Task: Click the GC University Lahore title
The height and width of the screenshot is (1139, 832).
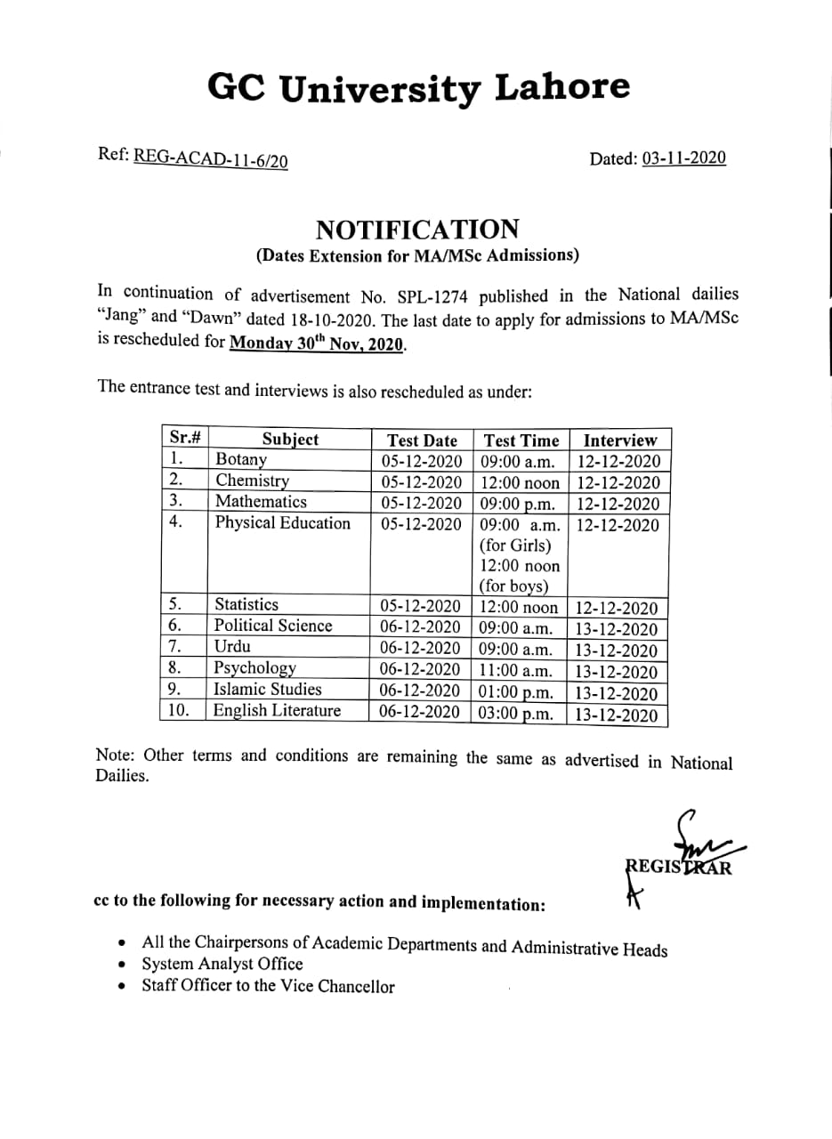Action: point(418,88)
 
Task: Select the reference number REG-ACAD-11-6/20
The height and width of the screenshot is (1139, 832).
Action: point(210,158)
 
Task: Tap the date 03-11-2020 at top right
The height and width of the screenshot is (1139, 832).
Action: point(683,158)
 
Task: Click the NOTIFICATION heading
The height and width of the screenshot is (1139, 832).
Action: point(417,230)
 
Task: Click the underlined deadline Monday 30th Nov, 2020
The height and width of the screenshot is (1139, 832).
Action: point(318,343)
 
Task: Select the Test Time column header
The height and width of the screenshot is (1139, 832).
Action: point(521,440)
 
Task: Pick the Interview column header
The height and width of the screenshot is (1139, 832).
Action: point(619,440)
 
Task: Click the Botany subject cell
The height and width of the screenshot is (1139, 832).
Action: point(241,460)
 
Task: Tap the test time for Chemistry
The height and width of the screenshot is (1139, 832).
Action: point(520,483)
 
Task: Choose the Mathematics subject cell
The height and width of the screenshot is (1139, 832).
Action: point(261,502)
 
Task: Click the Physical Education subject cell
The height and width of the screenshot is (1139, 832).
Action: point(283,523)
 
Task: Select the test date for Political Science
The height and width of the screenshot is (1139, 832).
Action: point(420,626)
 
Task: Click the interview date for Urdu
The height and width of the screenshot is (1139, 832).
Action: point(617,651)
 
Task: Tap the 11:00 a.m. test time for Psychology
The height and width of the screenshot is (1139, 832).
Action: point(516,671)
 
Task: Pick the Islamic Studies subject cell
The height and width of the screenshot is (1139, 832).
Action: point(268,690)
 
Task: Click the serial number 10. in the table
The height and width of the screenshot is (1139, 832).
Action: point(178,710)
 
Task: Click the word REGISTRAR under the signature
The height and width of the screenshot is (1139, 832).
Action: point(679,868)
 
